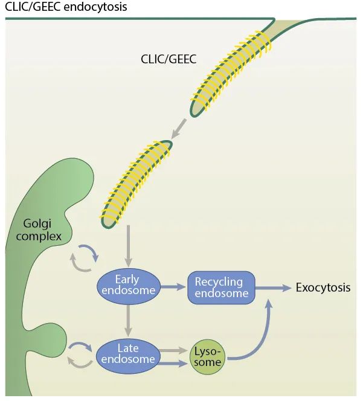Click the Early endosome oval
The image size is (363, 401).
[128, 285]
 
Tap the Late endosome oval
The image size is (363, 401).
[128, 355]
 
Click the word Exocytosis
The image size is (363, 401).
[323, 287]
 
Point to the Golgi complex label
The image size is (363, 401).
[39, 230]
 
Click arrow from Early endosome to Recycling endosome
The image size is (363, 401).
[175, 288]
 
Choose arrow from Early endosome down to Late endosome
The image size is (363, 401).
[127, 319]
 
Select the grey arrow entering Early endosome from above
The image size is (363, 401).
[127, 246]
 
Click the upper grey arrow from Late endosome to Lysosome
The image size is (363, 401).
[175, 350]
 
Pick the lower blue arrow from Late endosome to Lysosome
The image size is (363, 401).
[175, 362]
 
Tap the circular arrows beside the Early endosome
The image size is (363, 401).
[85, 258]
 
